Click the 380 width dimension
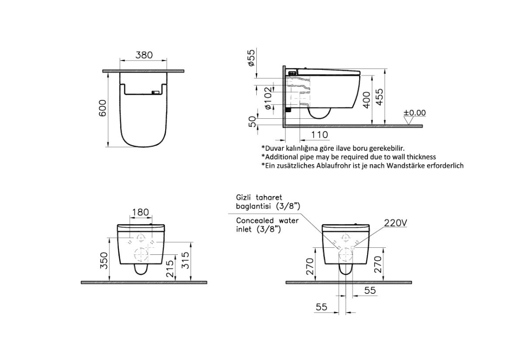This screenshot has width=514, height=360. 144,55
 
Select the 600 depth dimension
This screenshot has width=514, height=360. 103,108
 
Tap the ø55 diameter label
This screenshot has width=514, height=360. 252,58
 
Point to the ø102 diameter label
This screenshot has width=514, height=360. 268,98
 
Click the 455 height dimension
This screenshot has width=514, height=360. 380,97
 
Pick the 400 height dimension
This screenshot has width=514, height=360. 367,100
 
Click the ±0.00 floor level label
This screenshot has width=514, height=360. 414,113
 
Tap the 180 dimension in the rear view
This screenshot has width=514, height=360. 140,212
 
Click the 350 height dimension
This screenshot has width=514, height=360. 104,260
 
